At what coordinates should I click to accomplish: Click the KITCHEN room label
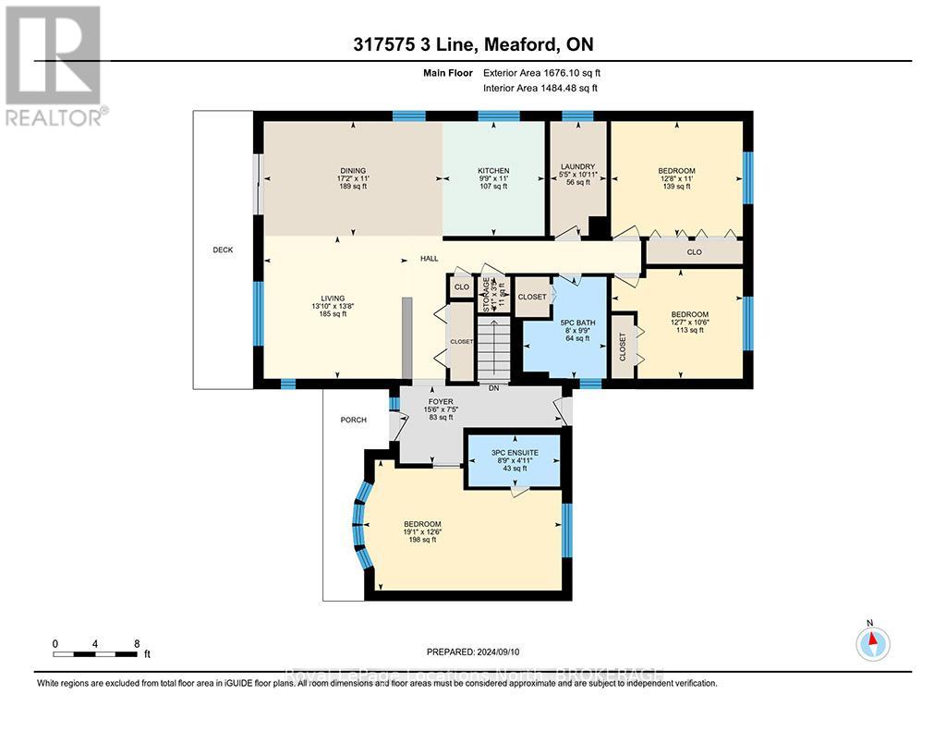click(x=493, y=171)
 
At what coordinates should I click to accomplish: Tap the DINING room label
click(x=352, y=171)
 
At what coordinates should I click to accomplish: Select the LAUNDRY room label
click(x=577, y=167)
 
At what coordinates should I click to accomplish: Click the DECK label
click(x=223, y=250)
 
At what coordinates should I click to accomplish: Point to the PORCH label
click(x=353, y=420)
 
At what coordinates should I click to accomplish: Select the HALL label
click(x=429, y=259)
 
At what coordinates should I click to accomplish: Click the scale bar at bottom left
click(x=96, y=654)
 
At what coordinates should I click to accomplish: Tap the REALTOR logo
click(x=55, y=66)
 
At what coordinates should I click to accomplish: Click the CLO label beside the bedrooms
click(x=694, y=251)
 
